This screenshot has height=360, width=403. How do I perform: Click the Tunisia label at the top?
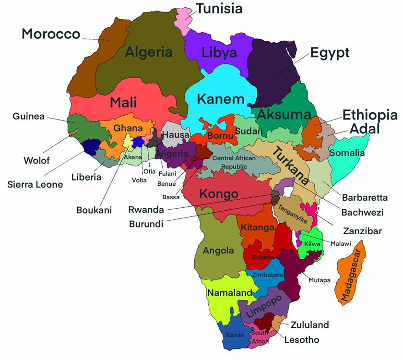coord(219,8)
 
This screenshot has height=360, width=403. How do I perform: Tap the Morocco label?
coord(51,34)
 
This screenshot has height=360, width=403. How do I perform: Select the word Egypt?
coord(330,52)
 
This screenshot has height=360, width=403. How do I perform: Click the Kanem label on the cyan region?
coord(220,100)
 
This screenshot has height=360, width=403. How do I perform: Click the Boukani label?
coord(94,210)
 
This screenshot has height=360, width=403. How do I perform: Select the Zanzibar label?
coord(362,231)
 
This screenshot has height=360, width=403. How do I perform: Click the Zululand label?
coord(309,325)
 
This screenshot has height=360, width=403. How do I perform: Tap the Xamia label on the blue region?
coord(234,334)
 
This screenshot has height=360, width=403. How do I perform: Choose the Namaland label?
coord(229,292)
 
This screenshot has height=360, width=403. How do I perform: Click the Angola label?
coord(218,251)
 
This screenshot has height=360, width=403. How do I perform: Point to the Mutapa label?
coord(320,280)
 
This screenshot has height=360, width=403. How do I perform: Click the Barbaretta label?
coord(361,197)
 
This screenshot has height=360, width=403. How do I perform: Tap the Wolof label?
coord(37,160)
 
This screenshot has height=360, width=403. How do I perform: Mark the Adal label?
coord(364,129)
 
